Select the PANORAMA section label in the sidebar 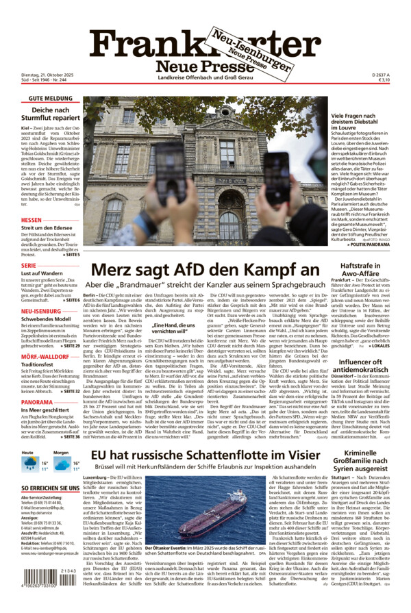click(38, 402)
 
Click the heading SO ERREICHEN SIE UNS click(41, 488)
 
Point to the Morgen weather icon click(61, 464)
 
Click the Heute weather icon click(29, 464)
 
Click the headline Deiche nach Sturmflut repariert click(51, 114)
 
